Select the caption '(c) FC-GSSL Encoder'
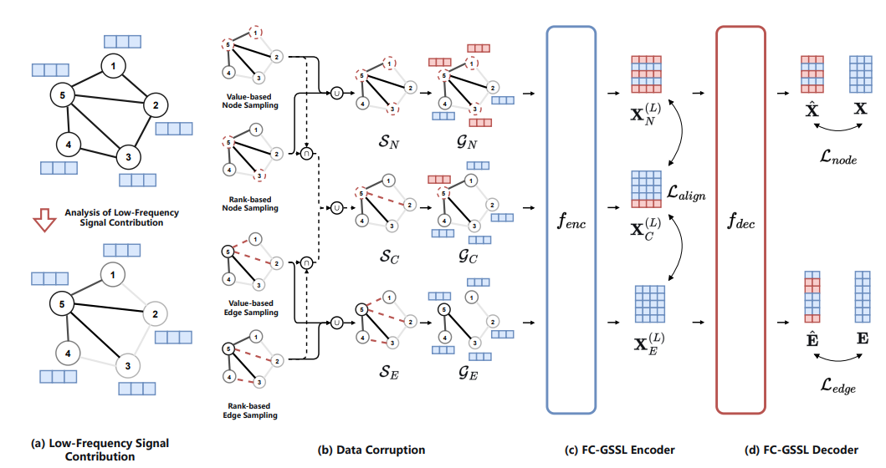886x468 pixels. [x=620, y=450]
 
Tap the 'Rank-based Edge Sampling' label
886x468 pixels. [x=251, y=409]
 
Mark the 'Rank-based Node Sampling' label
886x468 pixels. [x=251, y=203]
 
